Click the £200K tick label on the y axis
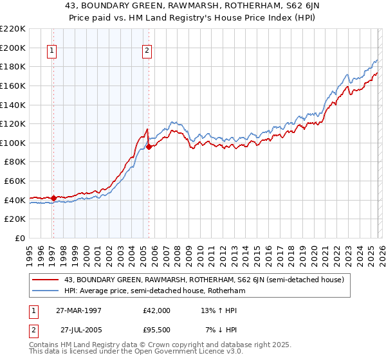(x=13, y=48)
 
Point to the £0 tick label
(x=18, y=238)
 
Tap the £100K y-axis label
(x=13, y=143)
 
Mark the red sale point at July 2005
(x=149, y=147)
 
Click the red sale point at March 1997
(x=53, y=197)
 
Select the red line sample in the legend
(x=46, y=280)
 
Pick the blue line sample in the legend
(x=46, y=292)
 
